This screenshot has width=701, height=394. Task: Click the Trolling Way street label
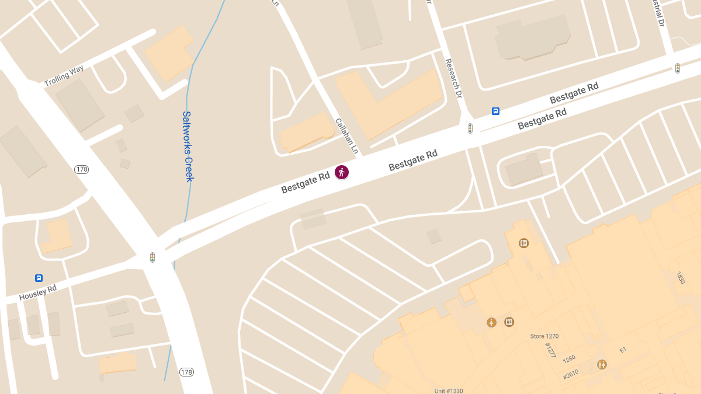pos(64,76)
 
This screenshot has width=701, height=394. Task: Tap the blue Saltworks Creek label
pos(188,147)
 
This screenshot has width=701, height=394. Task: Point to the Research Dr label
pos(453,78)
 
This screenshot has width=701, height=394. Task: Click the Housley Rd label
pos(38,292)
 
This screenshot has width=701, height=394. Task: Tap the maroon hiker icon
pos(342,172)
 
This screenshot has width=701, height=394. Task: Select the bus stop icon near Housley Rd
pos(39,278)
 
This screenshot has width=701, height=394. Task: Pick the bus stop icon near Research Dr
pos(495,111)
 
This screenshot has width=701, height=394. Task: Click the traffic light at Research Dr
pos(470,128)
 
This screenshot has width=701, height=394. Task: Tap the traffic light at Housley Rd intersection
pos(152,257)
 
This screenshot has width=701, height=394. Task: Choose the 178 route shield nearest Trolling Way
pos(81,169)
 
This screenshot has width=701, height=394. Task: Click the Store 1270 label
pos(544,336)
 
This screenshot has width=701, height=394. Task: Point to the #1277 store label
pos(550,350)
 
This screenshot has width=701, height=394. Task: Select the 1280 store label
pos(569,357)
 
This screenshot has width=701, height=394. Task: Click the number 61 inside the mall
pos(623,350)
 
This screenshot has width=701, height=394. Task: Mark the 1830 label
pos(680,277)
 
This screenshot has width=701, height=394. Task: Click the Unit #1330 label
pos(449,390)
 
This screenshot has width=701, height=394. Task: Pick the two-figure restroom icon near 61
pos(602,364)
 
